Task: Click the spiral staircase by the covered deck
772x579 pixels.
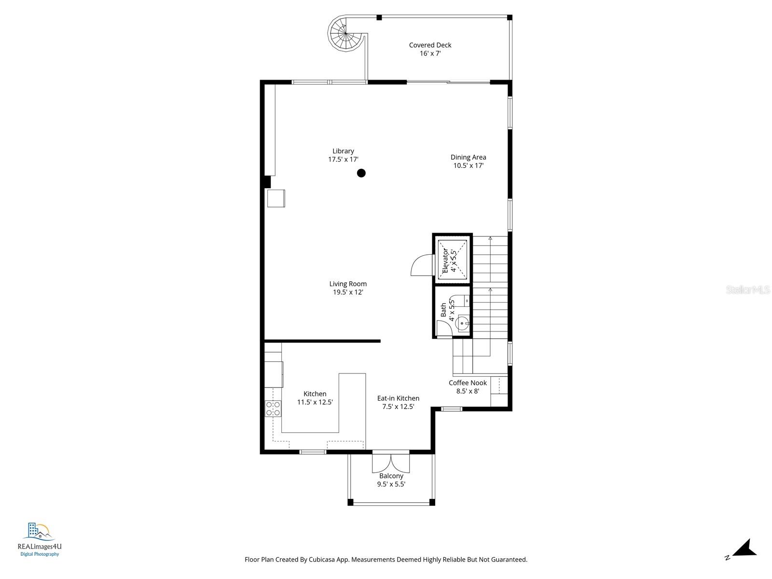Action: (x=346, y=34)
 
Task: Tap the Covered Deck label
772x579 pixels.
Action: (x=430, y=45)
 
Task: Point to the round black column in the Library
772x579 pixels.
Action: (x=361, y=173)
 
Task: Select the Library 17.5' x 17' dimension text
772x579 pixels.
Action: (x=343, y=159)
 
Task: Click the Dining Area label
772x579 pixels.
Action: (x=468, y=157)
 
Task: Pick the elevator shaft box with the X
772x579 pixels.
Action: (x=452, y=258)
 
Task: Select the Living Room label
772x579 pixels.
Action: (x=348, y=284)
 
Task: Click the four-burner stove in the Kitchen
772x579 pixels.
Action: (x=273, y=409)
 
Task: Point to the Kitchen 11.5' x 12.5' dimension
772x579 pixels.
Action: (x=315, y=402)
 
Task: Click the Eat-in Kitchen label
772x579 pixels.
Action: (x=398, y=398)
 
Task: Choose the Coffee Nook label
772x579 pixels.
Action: (x=468, y=383)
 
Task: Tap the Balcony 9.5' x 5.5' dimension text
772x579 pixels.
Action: (x=391, y=484)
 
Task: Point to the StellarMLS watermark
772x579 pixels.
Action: (x=748, y=290)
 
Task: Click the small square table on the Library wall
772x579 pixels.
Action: (x=276, y=198)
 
